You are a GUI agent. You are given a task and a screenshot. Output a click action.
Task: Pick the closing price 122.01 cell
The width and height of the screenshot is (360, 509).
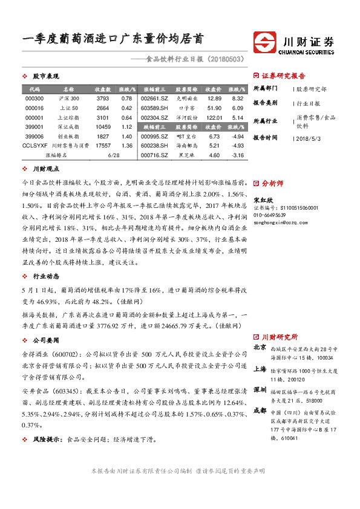pyautogui.click(x=214, y=117)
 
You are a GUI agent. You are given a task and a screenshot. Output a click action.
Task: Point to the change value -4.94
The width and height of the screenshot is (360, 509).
pyautogui.click(x=238, y=137)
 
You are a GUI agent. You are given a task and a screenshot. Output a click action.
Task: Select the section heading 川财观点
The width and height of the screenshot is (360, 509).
pyautogui.click(x=45, y=170)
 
